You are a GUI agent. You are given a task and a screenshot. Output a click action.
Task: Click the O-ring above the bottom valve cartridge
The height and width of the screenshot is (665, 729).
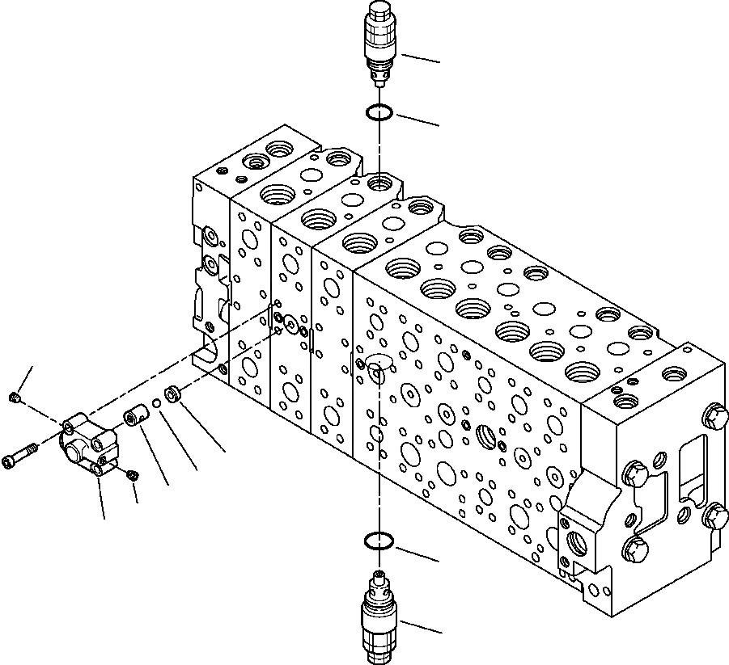point(379,542)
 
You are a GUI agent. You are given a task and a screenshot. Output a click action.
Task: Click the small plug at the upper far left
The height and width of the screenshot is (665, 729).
point(15,397)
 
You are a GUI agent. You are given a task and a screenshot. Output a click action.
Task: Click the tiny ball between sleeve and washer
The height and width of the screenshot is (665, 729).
point(156,405)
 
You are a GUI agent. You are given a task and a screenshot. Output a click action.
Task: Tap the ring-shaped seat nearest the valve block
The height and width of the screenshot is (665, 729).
point(172,394)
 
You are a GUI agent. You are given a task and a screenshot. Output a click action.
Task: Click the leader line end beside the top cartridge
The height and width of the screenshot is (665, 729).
point(439,61)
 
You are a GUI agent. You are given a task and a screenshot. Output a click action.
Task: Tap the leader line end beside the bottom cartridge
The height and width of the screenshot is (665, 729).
point(440,631)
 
